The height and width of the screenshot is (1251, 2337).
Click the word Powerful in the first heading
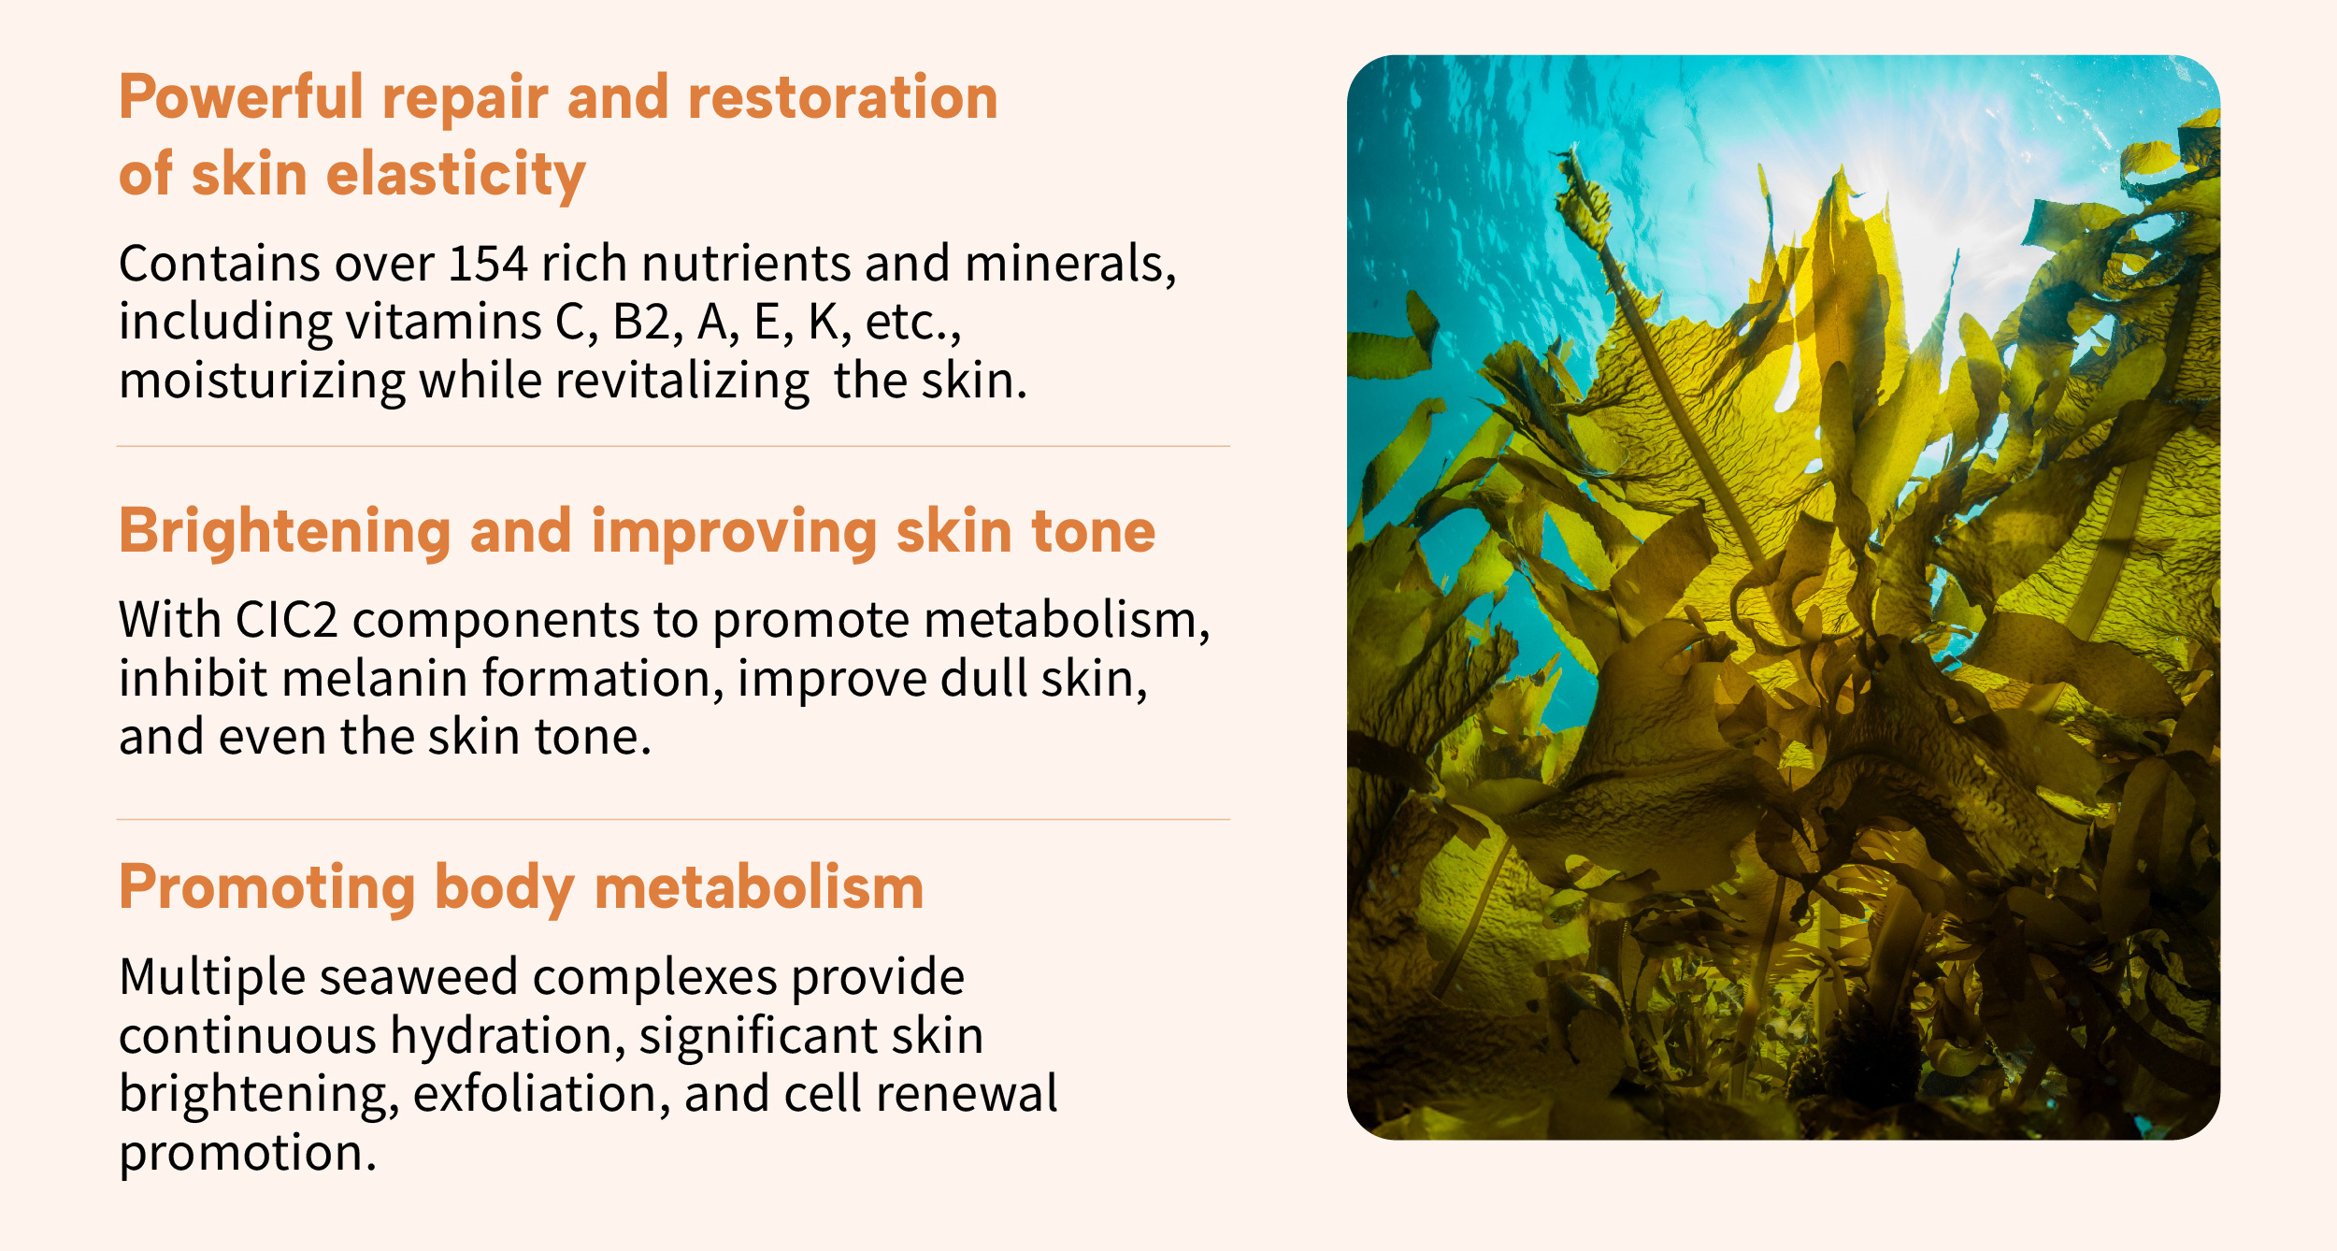click(241, 98)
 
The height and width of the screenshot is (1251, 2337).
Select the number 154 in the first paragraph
click(488, 264)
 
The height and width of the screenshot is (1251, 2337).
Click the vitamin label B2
click(641, 322)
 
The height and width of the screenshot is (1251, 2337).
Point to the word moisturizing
click(262, 381)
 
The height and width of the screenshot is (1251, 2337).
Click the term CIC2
click(286, 620)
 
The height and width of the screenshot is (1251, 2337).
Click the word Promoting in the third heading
click(267, 888)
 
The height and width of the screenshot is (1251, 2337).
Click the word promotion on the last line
click(248, 1154)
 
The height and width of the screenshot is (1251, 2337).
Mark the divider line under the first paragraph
click(673, 447)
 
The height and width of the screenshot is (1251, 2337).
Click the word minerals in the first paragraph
click(1070, 264)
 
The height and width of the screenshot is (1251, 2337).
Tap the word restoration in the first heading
click(843, 98)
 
